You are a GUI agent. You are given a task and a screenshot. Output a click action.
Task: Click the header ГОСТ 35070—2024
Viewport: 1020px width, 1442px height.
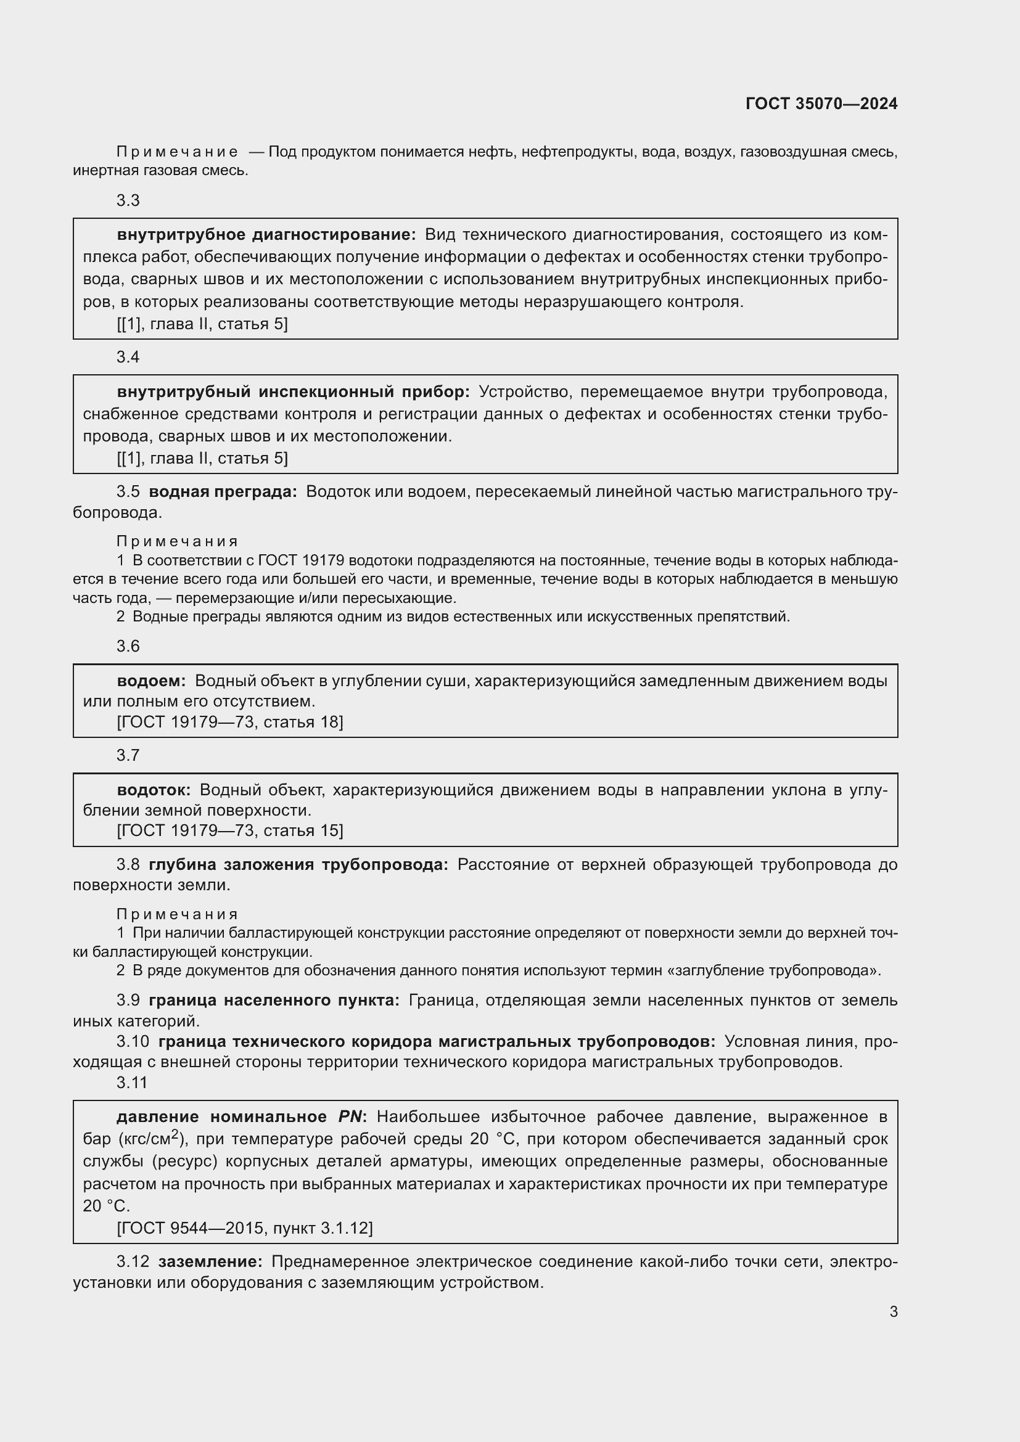(x=821, y=104)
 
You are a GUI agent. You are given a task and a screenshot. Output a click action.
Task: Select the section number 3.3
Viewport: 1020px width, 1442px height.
(x=128, y=200)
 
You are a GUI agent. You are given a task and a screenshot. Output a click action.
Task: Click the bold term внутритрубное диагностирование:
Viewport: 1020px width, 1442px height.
(x=266, y=235)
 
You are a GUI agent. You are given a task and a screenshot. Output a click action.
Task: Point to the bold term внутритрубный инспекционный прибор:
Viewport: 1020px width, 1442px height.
(x=294, y=392)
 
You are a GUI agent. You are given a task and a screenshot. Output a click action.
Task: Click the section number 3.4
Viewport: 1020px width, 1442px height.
(x=128, y=358)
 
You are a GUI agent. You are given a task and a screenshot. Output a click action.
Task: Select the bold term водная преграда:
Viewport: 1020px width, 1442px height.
(x=223, y=492)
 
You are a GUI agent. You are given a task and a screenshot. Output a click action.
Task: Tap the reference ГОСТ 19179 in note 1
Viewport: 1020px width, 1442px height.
(x=300, y=561)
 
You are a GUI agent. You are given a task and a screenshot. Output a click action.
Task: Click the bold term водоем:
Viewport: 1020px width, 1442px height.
(x=151, y=681)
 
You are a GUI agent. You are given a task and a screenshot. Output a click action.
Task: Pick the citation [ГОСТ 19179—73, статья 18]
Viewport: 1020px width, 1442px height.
(x=230, y=723)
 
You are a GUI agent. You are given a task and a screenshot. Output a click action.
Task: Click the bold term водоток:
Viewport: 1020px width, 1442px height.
(x=154, y=790)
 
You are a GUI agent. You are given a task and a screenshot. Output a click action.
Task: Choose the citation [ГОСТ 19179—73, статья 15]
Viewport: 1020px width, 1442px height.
(x=230, y=831)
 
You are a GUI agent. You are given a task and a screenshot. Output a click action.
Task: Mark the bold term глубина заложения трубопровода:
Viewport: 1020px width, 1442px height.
(x=298, y=865)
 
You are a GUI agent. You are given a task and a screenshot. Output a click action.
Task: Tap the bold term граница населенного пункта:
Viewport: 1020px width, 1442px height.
(x=274, y=1001)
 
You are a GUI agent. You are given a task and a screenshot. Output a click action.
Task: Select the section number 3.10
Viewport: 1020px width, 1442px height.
(x=133, y=1042)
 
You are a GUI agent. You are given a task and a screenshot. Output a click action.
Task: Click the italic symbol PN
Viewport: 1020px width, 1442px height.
(x=350, y=1116)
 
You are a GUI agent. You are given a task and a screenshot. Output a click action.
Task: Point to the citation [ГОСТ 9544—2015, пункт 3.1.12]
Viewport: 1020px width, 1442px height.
(x=245, y=1228)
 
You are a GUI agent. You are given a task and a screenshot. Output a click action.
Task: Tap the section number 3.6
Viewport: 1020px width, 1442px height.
(x=128, y=646)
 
